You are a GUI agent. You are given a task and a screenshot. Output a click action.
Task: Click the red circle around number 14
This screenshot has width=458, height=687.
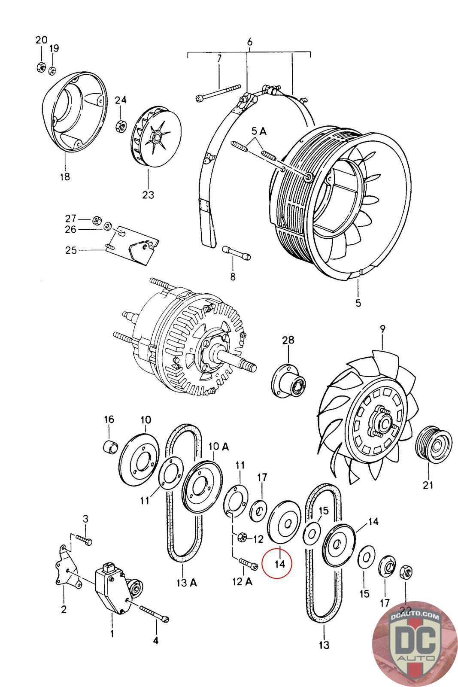pyautogui.click(x=277, y=563)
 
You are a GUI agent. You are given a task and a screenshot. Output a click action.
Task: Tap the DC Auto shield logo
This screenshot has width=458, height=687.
pyautogui.click(x=415, y=644)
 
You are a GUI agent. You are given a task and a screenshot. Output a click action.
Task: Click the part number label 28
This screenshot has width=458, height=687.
pyautogui.click(x=288, y=340)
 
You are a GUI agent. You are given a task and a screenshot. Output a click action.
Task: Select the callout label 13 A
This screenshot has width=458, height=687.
pyautogui.click(x=186, y=582)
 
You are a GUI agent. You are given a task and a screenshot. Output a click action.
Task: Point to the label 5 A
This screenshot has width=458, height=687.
pyautogui.click(x=259, y=131)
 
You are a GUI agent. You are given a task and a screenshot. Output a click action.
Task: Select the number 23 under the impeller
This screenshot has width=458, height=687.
pyautogui.click(x=148, y=195)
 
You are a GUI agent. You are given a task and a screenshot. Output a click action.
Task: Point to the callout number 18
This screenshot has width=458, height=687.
pyautogui.click(x=65, y=176)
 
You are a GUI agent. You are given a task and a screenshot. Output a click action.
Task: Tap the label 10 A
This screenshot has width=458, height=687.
pyautogui.click(x=218, y=447)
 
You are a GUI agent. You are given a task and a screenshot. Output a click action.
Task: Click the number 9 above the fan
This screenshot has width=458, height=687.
pyautogui.click(x=382, y=329)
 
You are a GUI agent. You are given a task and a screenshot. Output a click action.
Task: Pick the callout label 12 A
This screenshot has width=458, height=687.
pyautogui.click(x=242, y=581)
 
